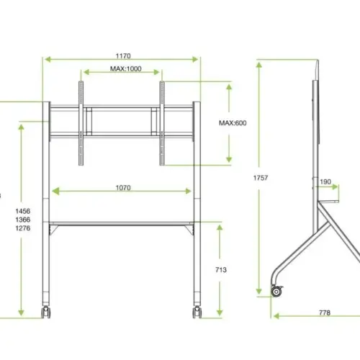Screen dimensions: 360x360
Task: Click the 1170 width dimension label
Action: click(123, 56)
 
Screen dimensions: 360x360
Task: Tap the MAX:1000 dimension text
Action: click(126, 69)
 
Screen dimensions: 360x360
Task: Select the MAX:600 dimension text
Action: click(233, 123)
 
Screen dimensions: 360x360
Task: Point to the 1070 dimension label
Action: click(123, 188)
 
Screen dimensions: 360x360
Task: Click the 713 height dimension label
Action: click(221, 270)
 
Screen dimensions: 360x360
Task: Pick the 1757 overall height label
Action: click(261, 178)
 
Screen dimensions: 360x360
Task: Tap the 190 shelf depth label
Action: click(325, 182)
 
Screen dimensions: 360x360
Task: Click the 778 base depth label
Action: click(325, 312)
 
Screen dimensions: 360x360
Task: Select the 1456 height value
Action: click(23, 211)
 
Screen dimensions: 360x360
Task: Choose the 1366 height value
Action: click(23, 220)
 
